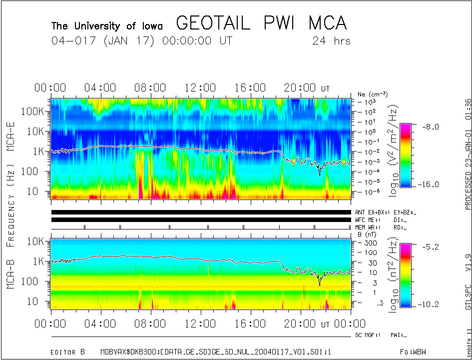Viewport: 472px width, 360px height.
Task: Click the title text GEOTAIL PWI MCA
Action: [261, 23]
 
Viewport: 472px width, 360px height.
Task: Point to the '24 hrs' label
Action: [331, 41]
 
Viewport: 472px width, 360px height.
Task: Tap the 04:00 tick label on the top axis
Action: [100, 88]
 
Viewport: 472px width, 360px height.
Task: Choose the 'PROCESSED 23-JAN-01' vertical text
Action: [468, 165]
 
